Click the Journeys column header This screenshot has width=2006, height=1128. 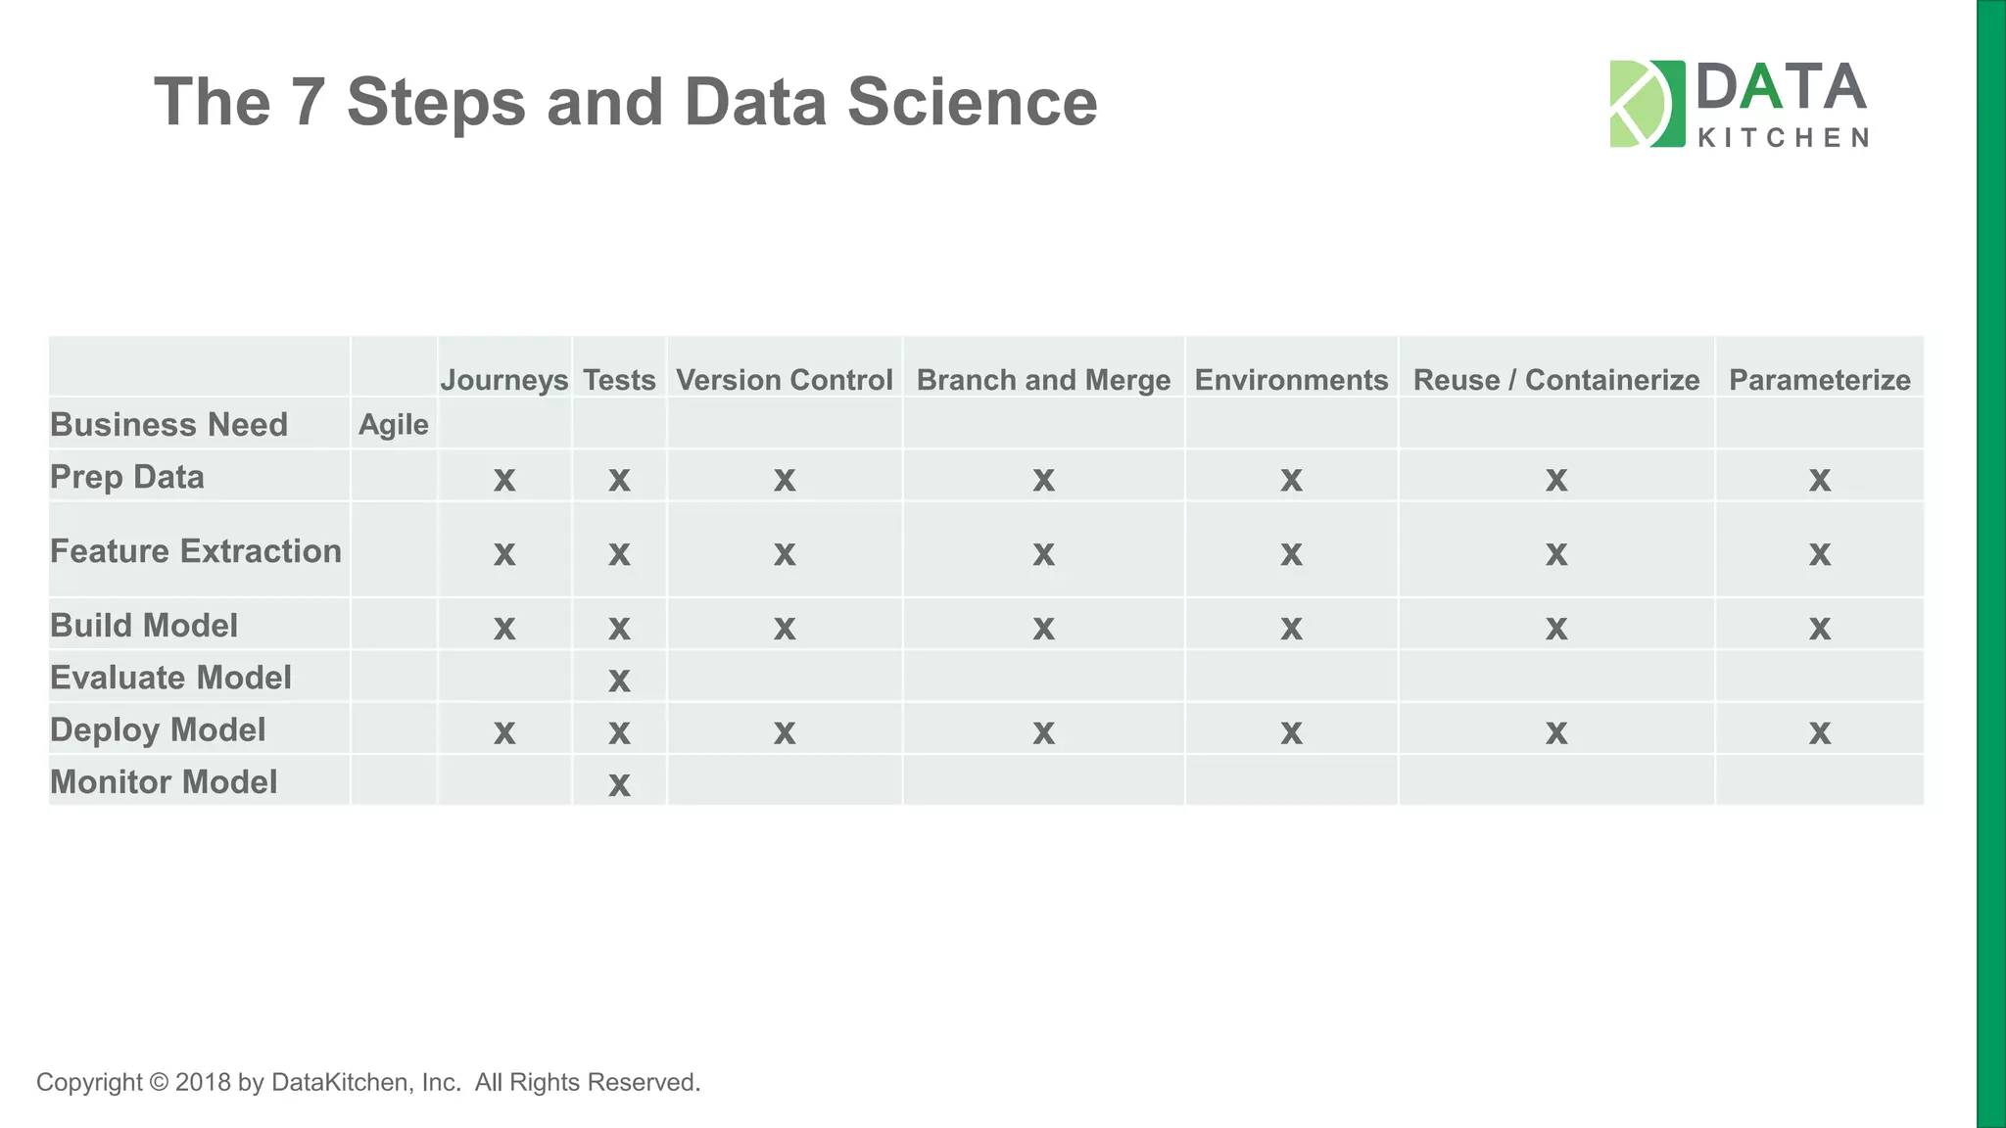coord(503,380)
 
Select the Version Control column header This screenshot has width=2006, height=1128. coord(784,380)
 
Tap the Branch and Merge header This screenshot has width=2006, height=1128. coord(1043,380)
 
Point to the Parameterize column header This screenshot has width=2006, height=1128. coord(1819,380)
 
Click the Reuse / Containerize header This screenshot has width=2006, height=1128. coord(1555,380)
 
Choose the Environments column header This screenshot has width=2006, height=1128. coord(1291,380)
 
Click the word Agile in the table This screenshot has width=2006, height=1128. coord(394,425)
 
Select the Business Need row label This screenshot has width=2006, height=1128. coord(168,425)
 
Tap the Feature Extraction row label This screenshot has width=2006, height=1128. coord(196,551)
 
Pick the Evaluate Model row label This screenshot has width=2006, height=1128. coord(170,678)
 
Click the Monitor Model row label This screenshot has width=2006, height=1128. coord(164,782)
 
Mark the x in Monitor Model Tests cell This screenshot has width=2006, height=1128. coord(619,784)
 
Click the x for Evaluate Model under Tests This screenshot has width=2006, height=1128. coord(619,680)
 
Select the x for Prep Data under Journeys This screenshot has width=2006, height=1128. coord(503,480)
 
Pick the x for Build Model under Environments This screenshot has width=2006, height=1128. coord(1291,628)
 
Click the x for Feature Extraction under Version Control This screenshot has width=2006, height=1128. coord(784,554)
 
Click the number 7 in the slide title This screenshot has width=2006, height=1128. coord(309,102)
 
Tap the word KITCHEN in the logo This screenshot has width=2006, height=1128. coord(1782,138)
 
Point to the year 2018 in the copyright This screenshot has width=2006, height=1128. coord(203,1083)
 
